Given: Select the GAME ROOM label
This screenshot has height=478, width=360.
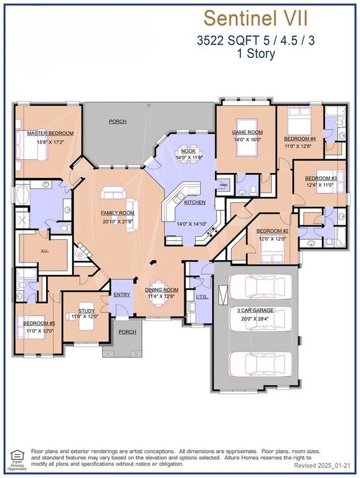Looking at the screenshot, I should point(247,133).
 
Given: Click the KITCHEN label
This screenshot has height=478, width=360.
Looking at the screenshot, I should point(194,203).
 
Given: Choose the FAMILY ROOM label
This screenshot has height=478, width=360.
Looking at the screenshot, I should point(118,213).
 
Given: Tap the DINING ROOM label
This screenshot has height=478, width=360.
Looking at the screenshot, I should point(162,289).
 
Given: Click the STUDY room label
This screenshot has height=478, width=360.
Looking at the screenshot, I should point(86,311).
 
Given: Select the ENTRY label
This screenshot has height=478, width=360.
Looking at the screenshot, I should point(121,295).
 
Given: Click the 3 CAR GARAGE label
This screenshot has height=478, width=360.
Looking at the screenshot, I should point(256,310).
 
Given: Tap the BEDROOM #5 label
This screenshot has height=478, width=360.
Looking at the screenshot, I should point(39,324).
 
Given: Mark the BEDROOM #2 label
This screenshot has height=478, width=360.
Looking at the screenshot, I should point(272,232).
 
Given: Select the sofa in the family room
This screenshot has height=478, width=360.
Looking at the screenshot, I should point(115,195).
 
